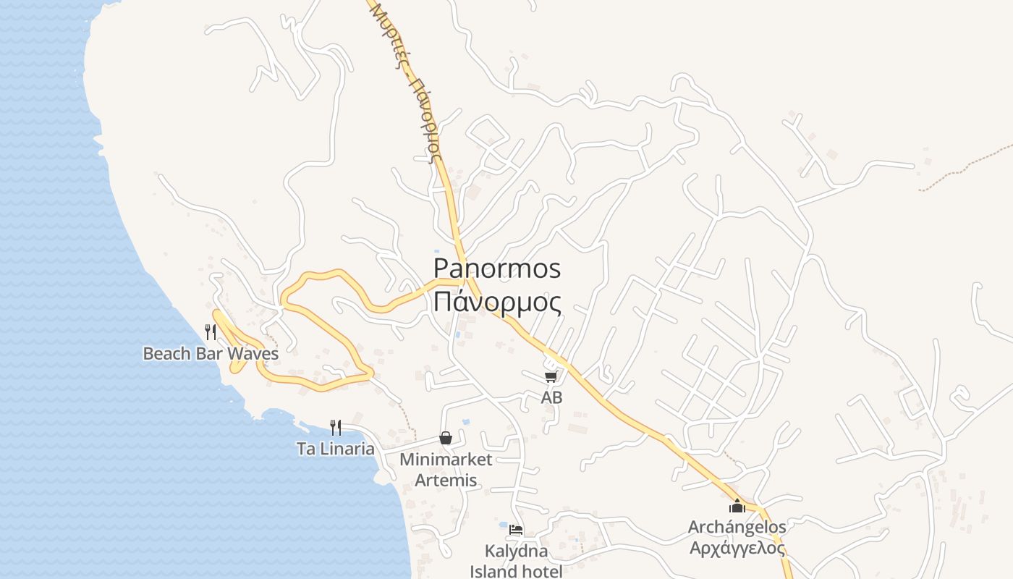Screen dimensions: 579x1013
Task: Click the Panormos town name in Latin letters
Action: (497, 269)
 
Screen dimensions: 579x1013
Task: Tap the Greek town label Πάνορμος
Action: (497, 302)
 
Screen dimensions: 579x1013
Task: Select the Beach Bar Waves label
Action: (211, 354)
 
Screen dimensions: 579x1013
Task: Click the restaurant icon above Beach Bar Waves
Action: (211, 332)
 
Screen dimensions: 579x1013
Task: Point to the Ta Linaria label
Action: (336, 449)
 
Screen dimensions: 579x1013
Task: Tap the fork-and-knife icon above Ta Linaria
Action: (335, 428)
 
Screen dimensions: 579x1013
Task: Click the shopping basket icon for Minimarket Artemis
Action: (446, 438)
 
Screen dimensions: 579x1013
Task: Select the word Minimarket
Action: (446, 460)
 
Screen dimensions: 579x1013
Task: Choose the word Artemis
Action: (446, 480)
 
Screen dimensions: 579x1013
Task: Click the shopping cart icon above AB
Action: (551, 376)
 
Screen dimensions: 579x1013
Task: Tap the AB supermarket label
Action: (551, 397)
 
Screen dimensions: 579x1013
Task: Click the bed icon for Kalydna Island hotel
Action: (516, 531)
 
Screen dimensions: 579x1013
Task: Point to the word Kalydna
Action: (516, 551)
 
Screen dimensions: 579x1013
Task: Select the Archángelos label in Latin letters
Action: (737, 527)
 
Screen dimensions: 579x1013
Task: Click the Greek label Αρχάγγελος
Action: (737, 548)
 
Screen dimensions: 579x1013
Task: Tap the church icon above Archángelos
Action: (737, 506)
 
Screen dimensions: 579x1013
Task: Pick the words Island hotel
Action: (516, 571)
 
